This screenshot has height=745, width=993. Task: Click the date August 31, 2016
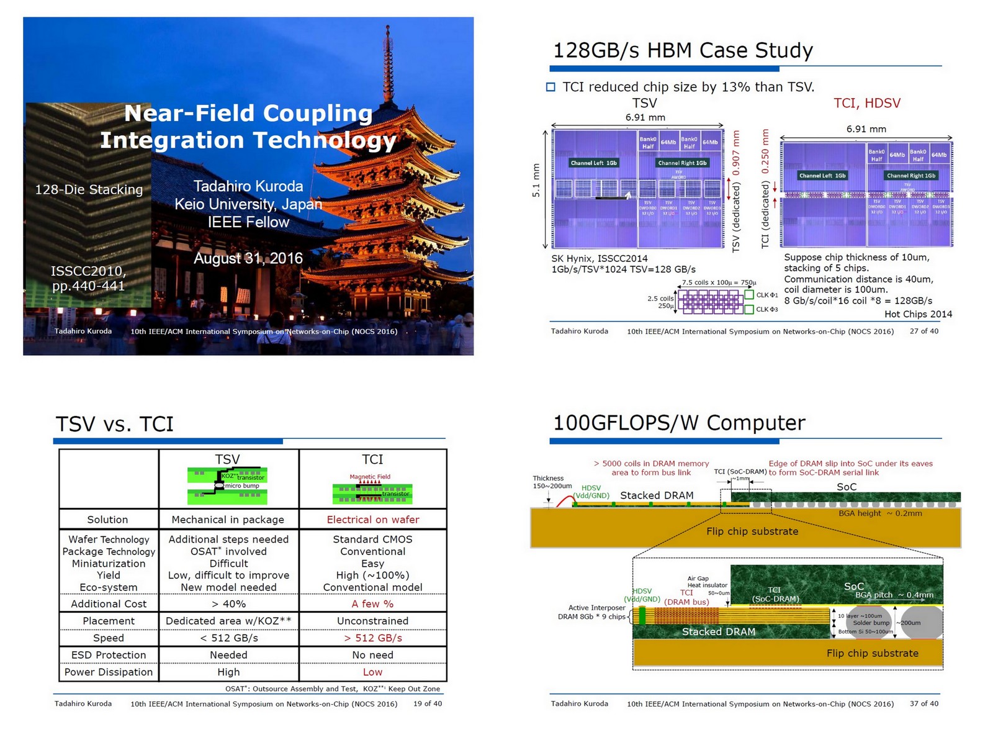click(248, 258)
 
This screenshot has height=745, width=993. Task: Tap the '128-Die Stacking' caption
click(89, 189)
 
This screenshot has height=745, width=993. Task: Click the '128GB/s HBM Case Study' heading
click(683, 50)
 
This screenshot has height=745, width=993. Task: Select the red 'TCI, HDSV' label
click(866, 103)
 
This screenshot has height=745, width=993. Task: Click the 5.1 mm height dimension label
click(536, 181)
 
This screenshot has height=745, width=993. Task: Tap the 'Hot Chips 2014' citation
click(918, 314)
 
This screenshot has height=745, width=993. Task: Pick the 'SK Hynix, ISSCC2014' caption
click(600, 258)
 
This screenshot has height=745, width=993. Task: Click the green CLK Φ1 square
click(749, 295)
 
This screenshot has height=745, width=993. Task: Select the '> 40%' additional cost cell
click(228, 603)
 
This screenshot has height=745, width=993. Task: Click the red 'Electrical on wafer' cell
click(372, 520)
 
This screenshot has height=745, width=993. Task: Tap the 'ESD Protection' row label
click(109, 655)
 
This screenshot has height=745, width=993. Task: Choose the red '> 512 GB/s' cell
click(372, 638)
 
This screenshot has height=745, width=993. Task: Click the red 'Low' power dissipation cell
click(372, 672)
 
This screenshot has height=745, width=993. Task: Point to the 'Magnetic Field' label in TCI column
click(370, 477)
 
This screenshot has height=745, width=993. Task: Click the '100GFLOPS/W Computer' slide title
click(679, 423)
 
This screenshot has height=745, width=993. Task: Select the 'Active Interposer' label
click(596, 608)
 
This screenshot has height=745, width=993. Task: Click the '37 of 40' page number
click(924, 703)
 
